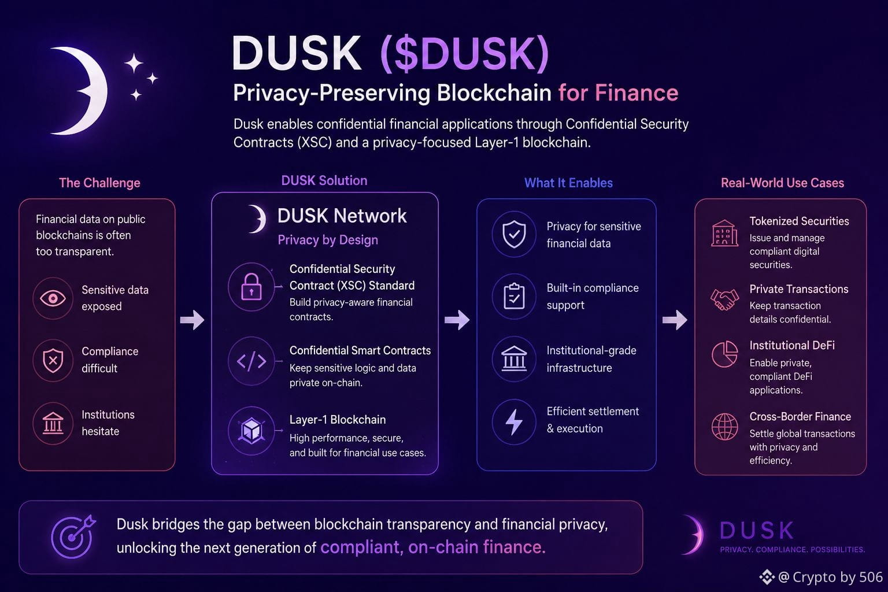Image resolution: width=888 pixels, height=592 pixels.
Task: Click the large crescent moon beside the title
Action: [93, 90]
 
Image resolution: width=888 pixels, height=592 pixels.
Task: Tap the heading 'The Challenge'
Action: [99, 183]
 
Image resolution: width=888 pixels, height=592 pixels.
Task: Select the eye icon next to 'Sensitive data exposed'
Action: [53, 298]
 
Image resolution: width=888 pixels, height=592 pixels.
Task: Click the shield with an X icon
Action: [53, 361]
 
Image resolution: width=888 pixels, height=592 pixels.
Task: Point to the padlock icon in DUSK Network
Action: [251, 287]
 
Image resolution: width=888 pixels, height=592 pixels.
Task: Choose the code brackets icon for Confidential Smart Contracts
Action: [251, 361]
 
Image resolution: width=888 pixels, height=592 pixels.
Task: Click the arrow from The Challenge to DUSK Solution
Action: [193, 320]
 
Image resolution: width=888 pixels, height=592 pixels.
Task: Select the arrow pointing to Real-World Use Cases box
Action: [675, 320]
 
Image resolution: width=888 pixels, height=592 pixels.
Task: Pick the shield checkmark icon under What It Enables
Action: [514, 234]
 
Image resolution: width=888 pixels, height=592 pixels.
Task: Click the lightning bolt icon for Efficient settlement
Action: [514, 422]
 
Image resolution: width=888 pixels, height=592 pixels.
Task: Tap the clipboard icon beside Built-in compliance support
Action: [514, 296]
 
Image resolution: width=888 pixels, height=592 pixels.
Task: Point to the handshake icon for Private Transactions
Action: [724, 299]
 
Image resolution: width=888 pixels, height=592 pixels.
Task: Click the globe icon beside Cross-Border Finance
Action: [724, 427]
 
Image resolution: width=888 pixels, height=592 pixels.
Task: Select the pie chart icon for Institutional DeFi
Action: [724, 354]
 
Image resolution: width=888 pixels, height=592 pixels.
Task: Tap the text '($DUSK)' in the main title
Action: [465, 54]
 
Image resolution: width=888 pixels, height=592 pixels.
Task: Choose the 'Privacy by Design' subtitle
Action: [328, 240]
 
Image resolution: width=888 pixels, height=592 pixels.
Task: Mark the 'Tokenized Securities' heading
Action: [799, 221]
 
